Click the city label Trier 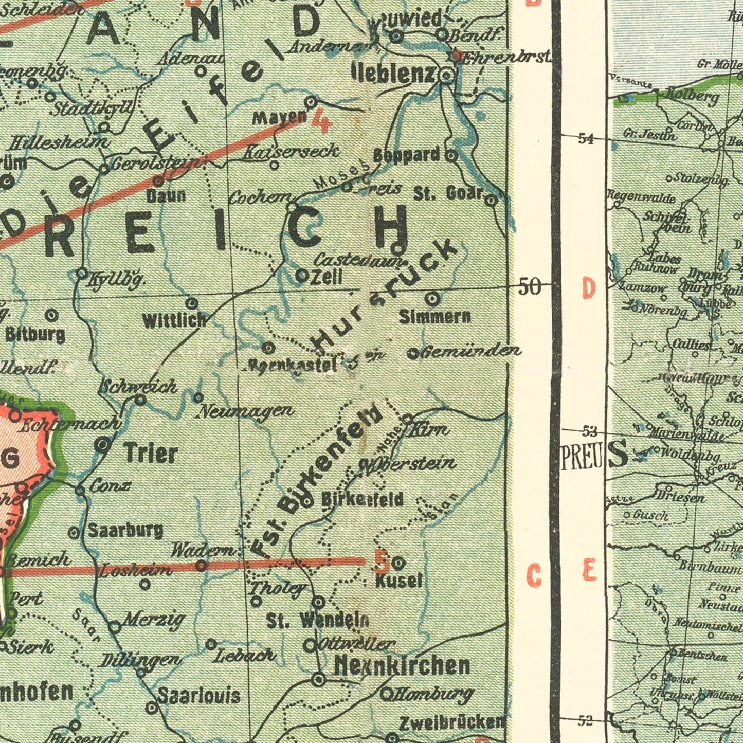pos(151,453)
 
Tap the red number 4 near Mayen pos(322,121)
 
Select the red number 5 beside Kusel pos(382,562)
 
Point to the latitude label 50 pos(530,286)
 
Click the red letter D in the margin pos(588,289)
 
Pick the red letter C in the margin pos(534,575)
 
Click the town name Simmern pos(435,317)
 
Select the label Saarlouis pos(199,696)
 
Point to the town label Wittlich pos(174,321)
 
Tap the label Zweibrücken pos(452,722)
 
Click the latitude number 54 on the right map pos(586,138)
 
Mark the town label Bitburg pos(35,335)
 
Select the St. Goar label pos(448,193)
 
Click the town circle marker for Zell pos(301,275)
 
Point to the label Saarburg pos(126,530)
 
